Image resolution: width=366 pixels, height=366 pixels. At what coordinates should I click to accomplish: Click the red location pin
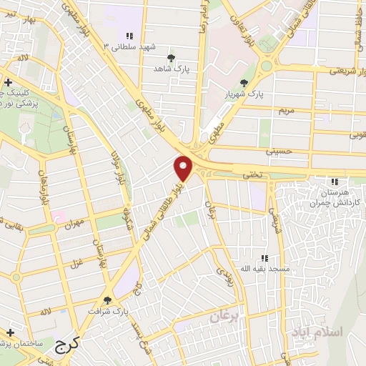[184, 167]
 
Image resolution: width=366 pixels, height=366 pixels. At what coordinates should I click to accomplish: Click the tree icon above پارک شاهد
[171, 58]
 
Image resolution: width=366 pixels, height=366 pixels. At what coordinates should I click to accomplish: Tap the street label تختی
[255, 175]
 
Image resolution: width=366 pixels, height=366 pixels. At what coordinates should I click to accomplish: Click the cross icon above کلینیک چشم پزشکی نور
[8, 83]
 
